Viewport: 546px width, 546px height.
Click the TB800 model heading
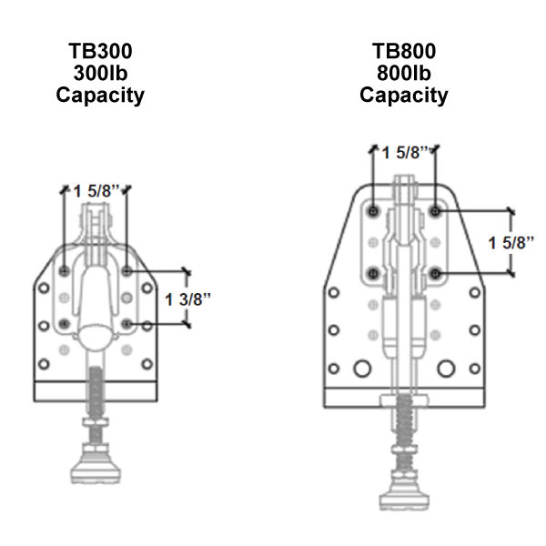point(403,51)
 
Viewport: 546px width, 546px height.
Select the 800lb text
point(403,73)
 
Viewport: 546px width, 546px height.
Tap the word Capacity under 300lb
point(99,95)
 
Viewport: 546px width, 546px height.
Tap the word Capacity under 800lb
point(403,95)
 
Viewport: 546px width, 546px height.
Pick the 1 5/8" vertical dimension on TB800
point(511,243)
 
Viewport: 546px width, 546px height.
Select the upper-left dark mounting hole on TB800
point(374,211)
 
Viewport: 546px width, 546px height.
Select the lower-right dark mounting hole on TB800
point(436,273)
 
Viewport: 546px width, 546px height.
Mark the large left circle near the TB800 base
point(361,368)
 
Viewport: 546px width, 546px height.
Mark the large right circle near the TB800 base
point(446,368)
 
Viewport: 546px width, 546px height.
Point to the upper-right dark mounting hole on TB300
point(126,271)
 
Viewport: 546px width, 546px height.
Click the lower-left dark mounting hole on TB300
point(64,323)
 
